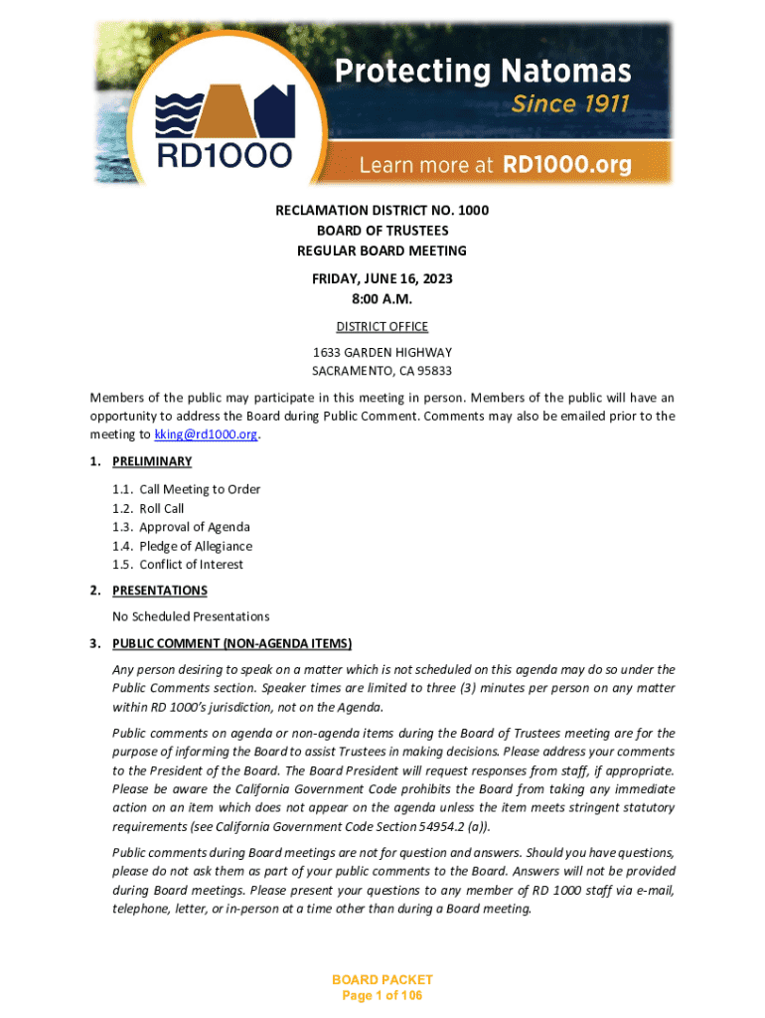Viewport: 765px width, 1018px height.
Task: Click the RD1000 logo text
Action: (x=225, y=155)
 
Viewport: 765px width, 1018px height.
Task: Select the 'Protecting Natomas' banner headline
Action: (x=482, y=71)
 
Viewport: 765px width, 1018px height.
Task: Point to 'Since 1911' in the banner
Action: (x=570, y=103)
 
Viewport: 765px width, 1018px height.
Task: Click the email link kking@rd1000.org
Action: (x=206, y=434)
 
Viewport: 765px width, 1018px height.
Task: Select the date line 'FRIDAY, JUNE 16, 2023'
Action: (x=382, y=279)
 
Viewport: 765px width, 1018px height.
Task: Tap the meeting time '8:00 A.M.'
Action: (x=382, y=298)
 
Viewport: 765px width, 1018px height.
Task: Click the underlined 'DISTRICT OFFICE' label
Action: (x=382, y=326)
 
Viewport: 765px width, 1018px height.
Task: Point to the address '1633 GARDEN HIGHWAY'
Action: (x=382, y=353)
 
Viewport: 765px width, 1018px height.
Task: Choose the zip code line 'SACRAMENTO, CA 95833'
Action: (x=382, y=371)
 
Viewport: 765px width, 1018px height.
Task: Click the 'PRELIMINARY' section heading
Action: (x=152, y=461)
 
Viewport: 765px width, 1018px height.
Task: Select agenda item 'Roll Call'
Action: (x=161, y=508)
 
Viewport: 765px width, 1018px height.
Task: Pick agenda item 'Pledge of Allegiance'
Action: (x=195, y=546)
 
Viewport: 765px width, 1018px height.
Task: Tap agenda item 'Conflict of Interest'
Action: (x=191, y=565)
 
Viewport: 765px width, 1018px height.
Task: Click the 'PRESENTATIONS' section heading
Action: (x=159, y=591)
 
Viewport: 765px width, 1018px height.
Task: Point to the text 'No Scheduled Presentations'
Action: (x=191, y=616)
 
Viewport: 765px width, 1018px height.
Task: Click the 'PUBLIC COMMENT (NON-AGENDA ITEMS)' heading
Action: (x=231, y=642)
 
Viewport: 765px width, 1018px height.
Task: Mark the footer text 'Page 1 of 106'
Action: (x=382, y=995)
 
